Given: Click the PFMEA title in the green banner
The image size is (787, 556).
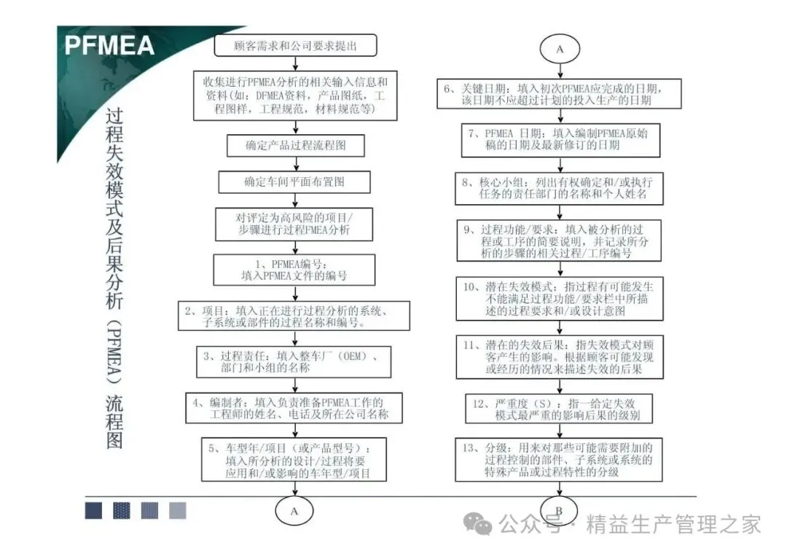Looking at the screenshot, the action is [110, 45].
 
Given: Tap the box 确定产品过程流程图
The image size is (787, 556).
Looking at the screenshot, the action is [295, 144].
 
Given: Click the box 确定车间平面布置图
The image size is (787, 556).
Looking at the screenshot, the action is [295, 181].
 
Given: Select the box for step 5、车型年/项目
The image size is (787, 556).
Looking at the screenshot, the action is [294, 459].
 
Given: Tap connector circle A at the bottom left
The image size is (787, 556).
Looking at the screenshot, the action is [294, 511].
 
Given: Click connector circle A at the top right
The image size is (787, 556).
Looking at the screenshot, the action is [560, 50].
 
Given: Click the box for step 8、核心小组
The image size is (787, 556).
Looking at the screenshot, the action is [560, 189].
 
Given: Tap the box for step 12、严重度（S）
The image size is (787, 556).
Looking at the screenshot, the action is [560, 410].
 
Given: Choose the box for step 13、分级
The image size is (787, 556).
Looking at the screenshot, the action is [560, 460].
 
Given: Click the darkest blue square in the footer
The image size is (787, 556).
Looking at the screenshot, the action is [93, 510].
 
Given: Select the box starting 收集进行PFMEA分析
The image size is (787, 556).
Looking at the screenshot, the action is [295, 95].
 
